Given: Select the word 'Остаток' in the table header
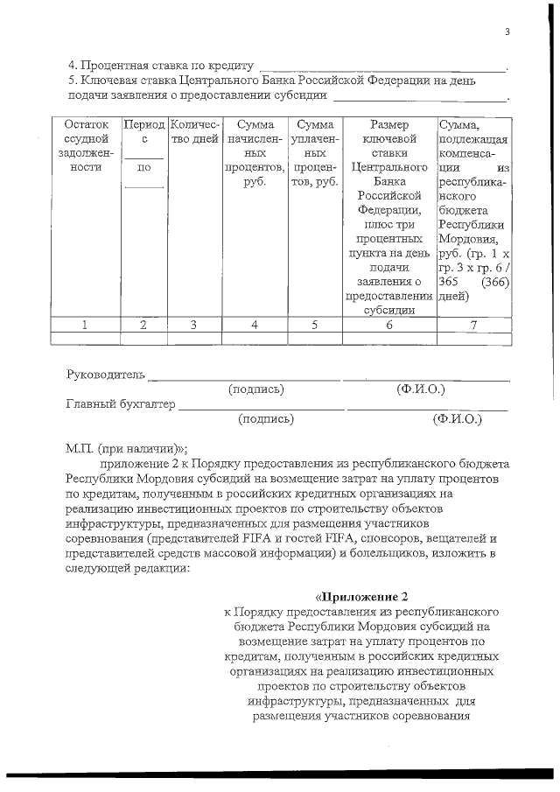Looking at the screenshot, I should coord(86,125).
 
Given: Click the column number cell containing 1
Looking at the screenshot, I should coord(85,325).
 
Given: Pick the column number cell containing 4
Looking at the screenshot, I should coord(254,325).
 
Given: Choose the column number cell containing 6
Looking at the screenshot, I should coord(388,325).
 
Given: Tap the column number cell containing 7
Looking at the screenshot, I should coord(472,325).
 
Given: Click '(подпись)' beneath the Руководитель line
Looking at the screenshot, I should coord(256,389).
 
